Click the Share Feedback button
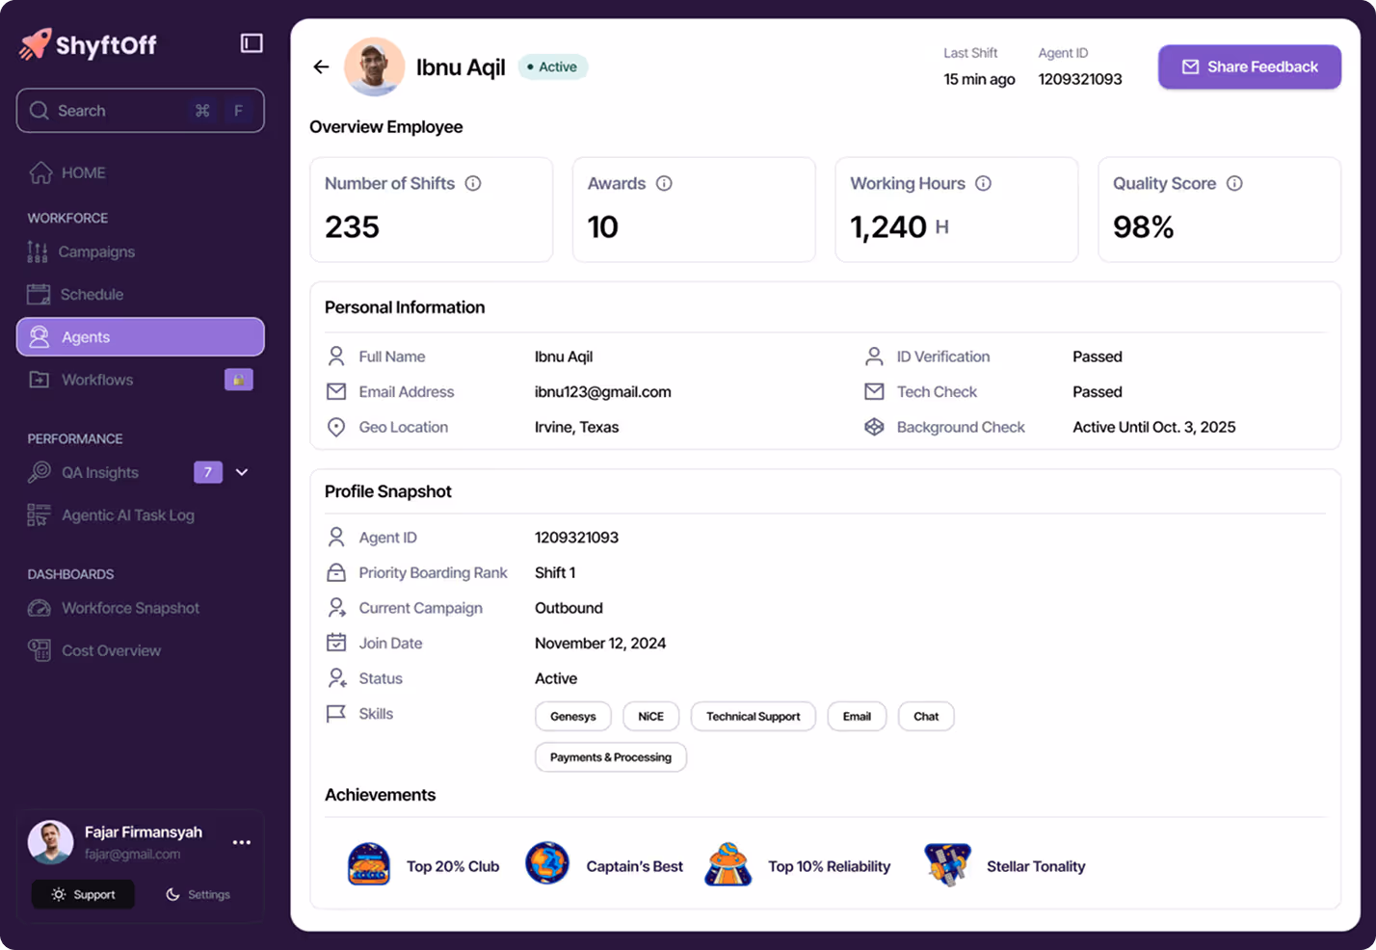click(1249, 66)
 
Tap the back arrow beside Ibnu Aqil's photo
click(321, 66)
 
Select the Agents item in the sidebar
click(140, 337)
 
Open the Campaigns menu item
click(96, 251)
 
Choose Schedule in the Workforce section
click(92, 294)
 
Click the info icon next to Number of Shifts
click(473, 183)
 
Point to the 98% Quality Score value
click(1143, 227)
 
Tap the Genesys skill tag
click(572, 716)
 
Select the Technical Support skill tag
click(753, 716)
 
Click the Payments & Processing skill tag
click(610, 757)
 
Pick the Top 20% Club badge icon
click(369, 864)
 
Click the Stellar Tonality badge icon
click(946, 864)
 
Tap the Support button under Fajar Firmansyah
click(83, 894)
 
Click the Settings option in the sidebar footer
click(198, 894)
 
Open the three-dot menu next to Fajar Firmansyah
click(242, 842)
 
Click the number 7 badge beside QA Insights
click(208, 472)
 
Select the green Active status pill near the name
click(553, 66)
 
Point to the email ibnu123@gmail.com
click(602, 391)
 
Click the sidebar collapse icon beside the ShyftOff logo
click(251, 43)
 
